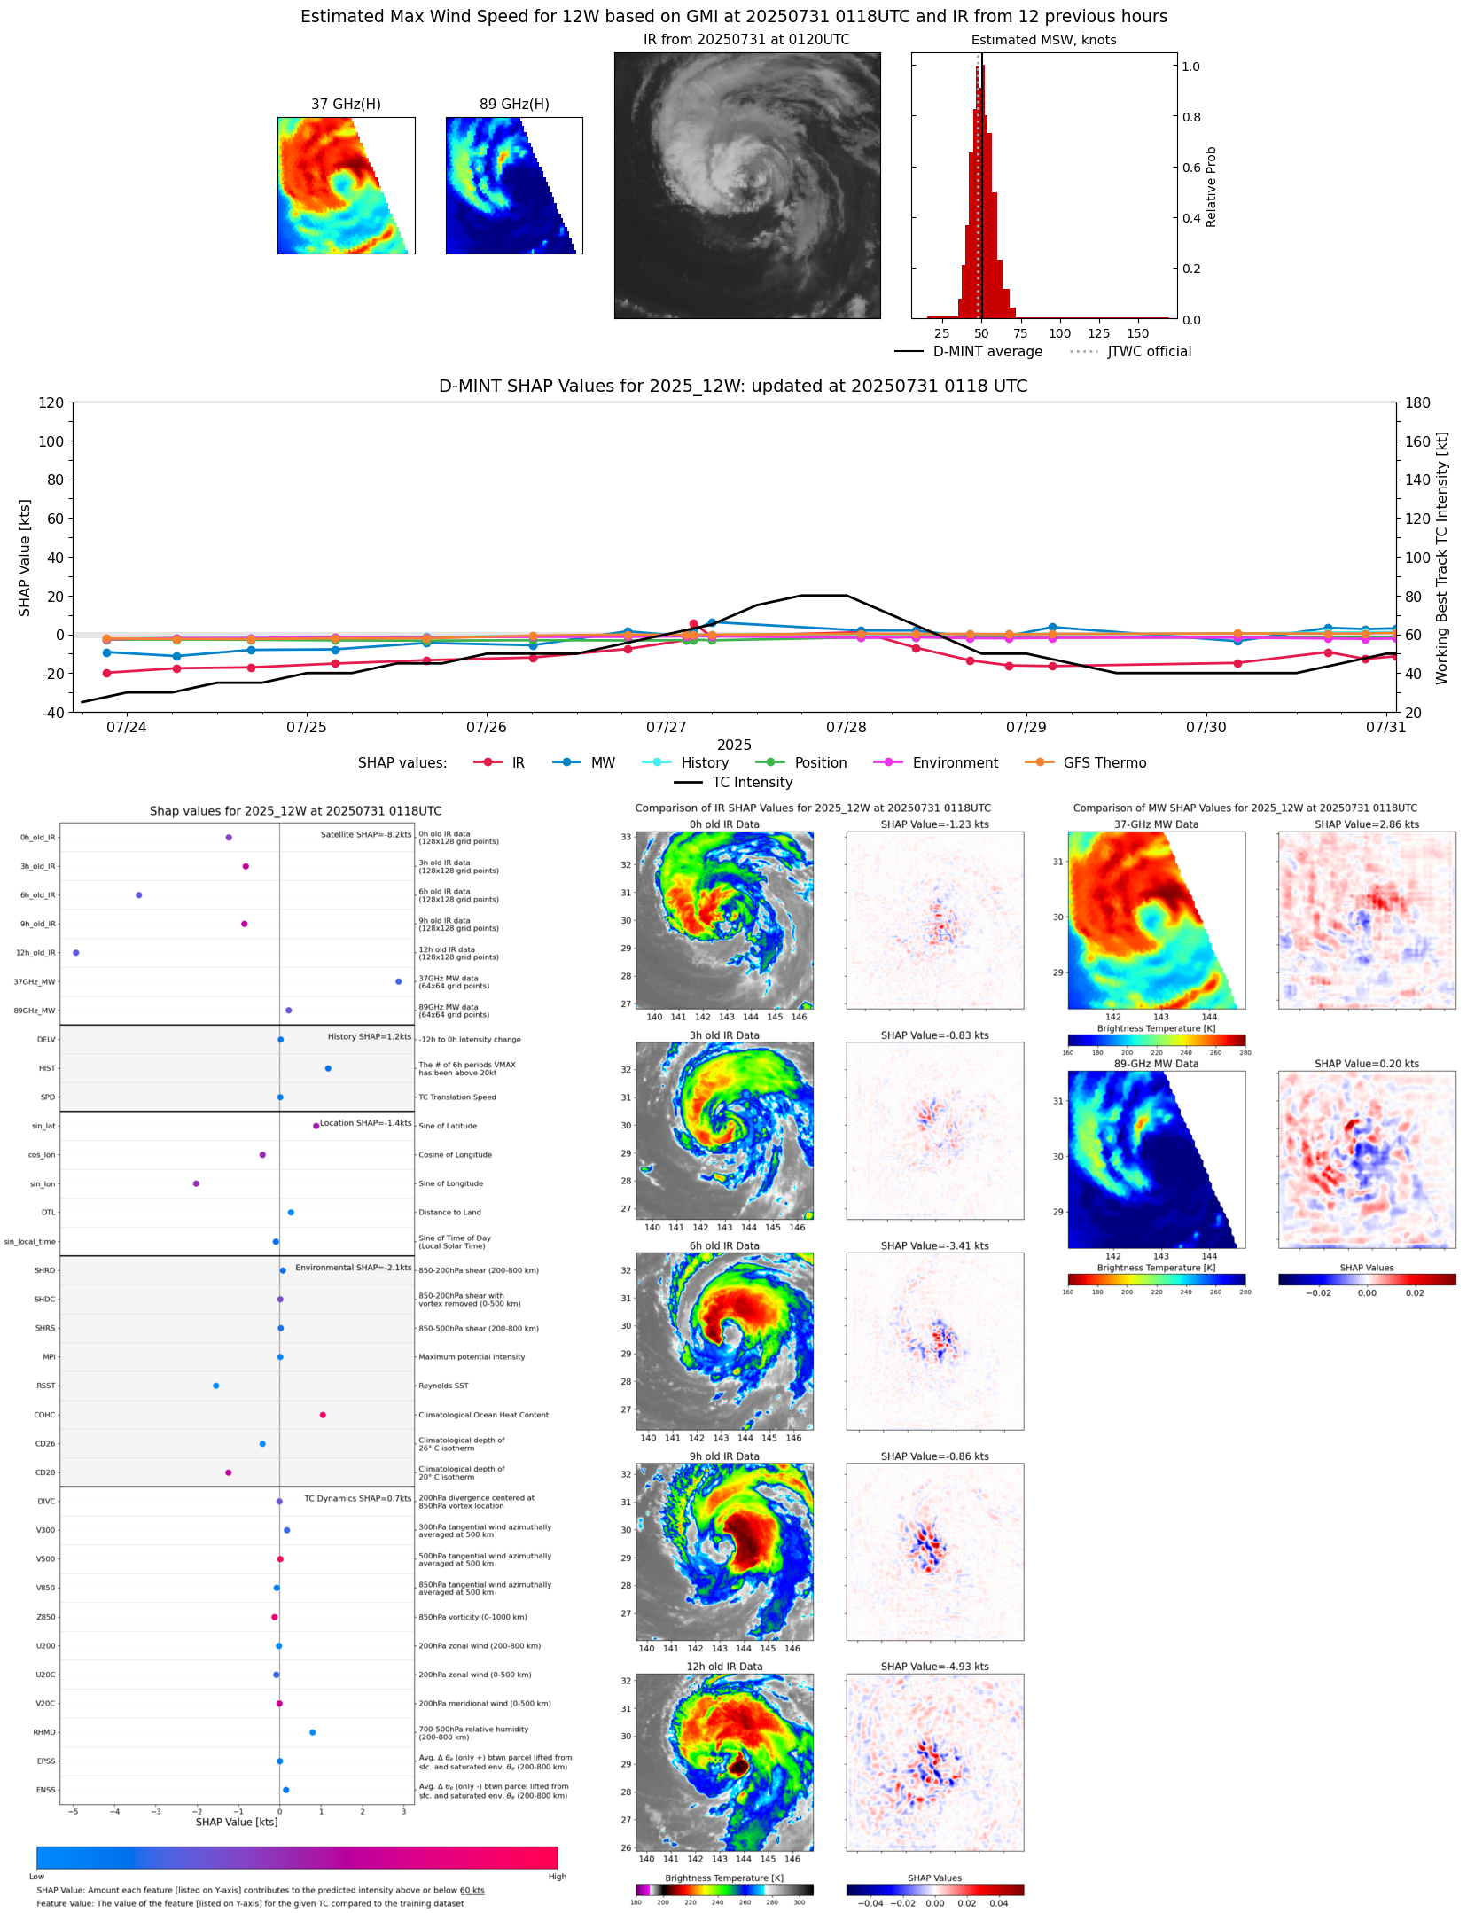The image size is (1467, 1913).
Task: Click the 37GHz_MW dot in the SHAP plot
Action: pyautogui.click(x=398, y=981)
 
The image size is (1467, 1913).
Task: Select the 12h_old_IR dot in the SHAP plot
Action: pyautogui.click(x=76, y=952)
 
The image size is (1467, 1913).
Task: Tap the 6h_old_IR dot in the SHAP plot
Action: pyautogui.click(x=139, y=894)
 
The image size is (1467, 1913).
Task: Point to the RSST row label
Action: pyautogui.click(x=45, y=1386)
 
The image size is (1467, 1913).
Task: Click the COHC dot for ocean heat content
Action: pyautogui.click(x=323, y=1415)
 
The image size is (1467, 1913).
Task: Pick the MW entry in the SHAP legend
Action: pyautogui.click(x=602, y=762)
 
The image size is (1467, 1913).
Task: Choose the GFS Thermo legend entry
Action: pyautogui.click(x=1104, y=762)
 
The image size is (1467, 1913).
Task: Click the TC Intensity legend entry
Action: pyautogui.click(x=752, y=782)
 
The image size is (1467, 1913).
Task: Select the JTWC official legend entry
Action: pyautogui.click(x=1149, y=351)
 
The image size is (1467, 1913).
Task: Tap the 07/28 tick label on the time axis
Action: pyautogui.click(x=846, y=727)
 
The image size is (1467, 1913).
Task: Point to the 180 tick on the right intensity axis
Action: pyautogui.click(x=1417, y=402)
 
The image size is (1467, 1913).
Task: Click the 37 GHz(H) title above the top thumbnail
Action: pyautogui.click(x=346, y=105)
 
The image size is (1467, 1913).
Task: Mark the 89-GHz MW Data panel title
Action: pyautogui.click(x=1156, y=1064)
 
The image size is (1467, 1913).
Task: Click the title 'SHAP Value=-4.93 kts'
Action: pyautogui.click(x=934, y=1667)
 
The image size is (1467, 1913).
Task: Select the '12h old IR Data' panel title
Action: pyautogui.click(x=724, y=1667)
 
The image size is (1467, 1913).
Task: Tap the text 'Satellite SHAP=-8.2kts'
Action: pyautogui.click(x=366, y=834)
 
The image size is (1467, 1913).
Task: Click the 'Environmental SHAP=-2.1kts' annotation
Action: pyautogui.click(x=354, y=1268)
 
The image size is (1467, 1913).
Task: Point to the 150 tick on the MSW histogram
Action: pyautogui.click(x=1137, y=333)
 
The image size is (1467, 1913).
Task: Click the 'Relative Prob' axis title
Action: pyautogui.click(x=1211, y=186)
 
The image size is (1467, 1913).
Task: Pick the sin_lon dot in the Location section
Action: pyautogui.click(x=196, y=1183)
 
